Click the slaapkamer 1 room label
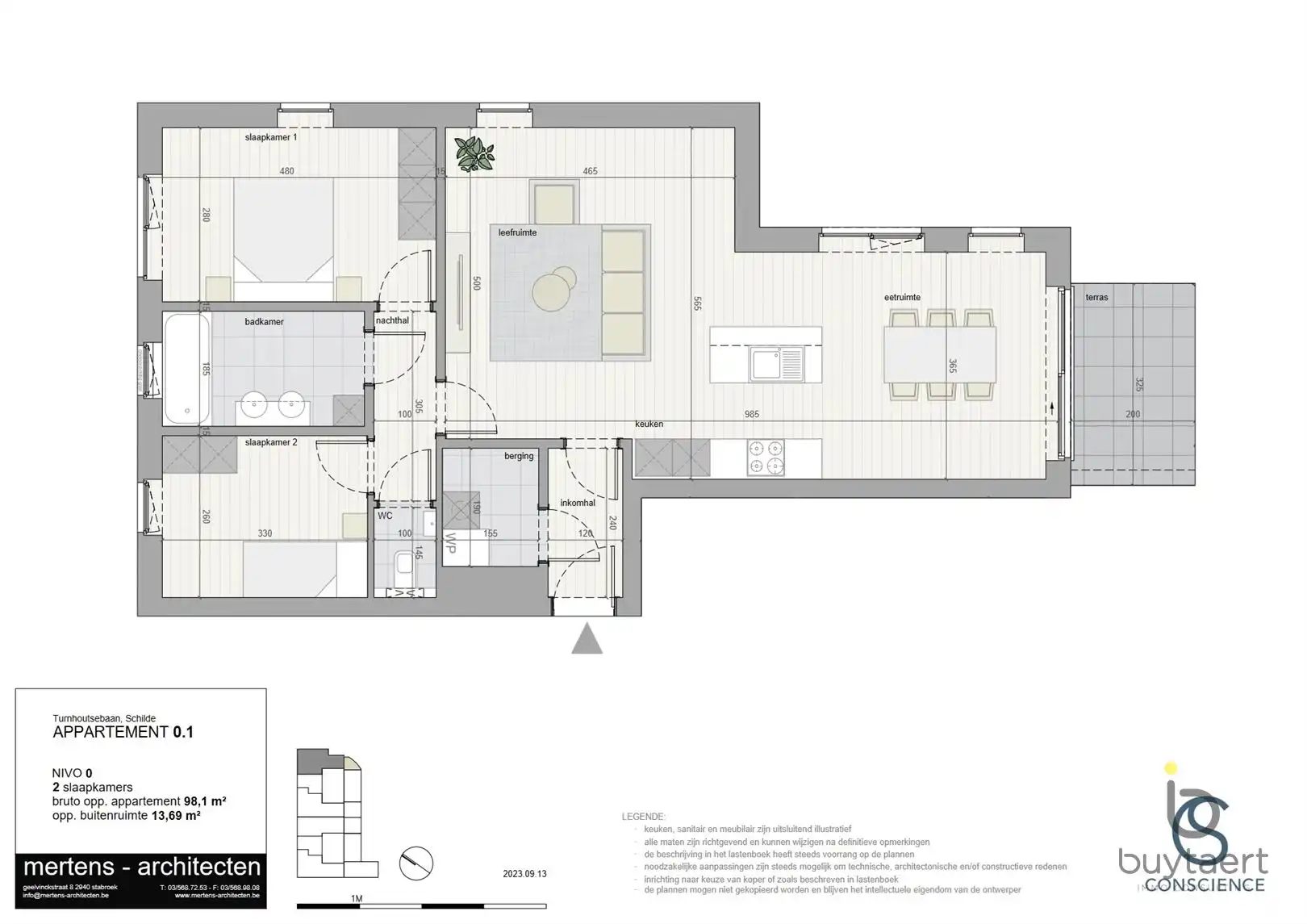(x=271, y=137)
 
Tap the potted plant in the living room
(x=474, y=153)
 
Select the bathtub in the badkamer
(x=187, y=369)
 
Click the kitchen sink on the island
(x=777, y=364)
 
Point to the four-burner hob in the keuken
(x=766, y=458)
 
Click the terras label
(x=1096, y=297)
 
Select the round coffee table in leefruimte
(x=553, y=291)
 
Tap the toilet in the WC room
(x=404, y=562)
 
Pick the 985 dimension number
(x=752, y=414)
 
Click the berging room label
(x=519, y=456)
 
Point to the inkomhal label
(x=578, y=503)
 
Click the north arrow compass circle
(x=416, y=863)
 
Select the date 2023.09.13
(x=524, y=874)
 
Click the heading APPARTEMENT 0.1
(x=123, y=732)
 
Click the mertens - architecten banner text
(x=142, y=867)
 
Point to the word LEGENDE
(x=643, y=817)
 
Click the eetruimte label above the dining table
(x=902, y=297)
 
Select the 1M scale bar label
(x=356, y=898)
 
